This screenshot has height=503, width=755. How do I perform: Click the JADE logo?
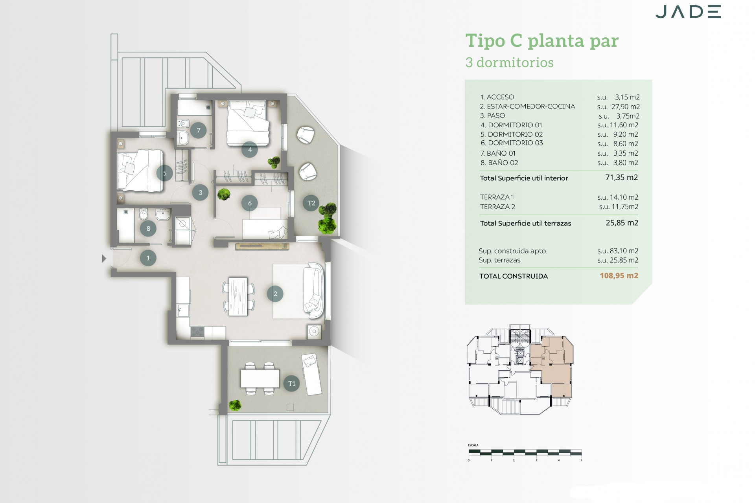point(688,12)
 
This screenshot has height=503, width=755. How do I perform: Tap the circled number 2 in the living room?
point(275,294)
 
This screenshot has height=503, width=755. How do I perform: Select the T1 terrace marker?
point(291,384)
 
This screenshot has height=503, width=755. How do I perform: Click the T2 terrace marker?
point(311,203)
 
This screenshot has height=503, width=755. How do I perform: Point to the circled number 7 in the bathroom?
point(199,130)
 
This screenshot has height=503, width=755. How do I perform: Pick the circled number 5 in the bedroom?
point(164,173)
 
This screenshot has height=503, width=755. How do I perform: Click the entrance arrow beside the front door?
point(104,258)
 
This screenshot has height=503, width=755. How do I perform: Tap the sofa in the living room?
point(314,291)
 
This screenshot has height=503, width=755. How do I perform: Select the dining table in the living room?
point(238,296)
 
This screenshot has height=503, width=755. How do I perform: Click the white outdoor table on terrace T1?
point(260,378)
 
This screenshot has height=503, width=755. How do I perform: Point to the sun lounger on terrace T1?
point(311,373)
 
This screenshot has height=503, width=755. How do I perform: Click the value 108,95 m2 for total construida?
point(619,276)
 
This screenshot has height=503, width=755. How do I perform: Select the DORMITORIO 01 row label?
point(511,125)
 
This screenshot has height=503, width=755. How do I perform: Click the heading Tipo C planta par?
point(542,41)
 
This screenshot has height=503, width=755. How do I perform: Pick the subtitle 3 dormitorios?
point(509,62)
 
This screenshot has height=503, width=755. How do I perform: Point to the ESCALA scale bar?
point(525,453)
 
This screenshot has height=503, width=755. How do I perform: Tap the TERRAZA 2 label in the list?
point(497,207)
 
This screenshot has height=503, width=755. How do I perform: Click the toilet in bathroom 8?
point(144,215)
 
